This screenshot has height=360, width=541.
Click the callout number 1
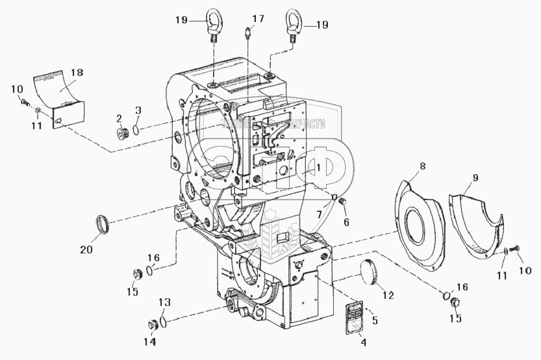coord(319,167)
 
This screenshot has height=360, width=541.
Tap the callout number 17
coord(258,19)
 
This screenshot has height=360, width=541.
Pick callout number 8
coord(423,166)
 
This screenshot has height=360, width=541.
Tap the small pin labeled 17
coord(247,32)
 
